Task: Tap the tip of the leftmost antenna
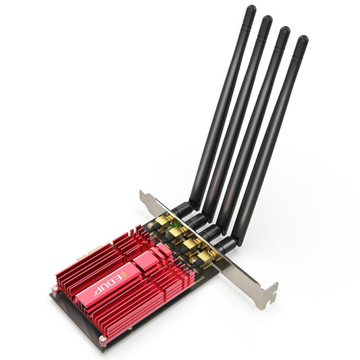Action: point(251,9)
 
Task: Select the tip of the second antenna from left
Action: point(267,20)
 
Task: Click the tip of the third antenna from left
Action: point(284,31)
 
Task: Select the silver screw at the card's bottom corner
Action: point(102,338)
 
